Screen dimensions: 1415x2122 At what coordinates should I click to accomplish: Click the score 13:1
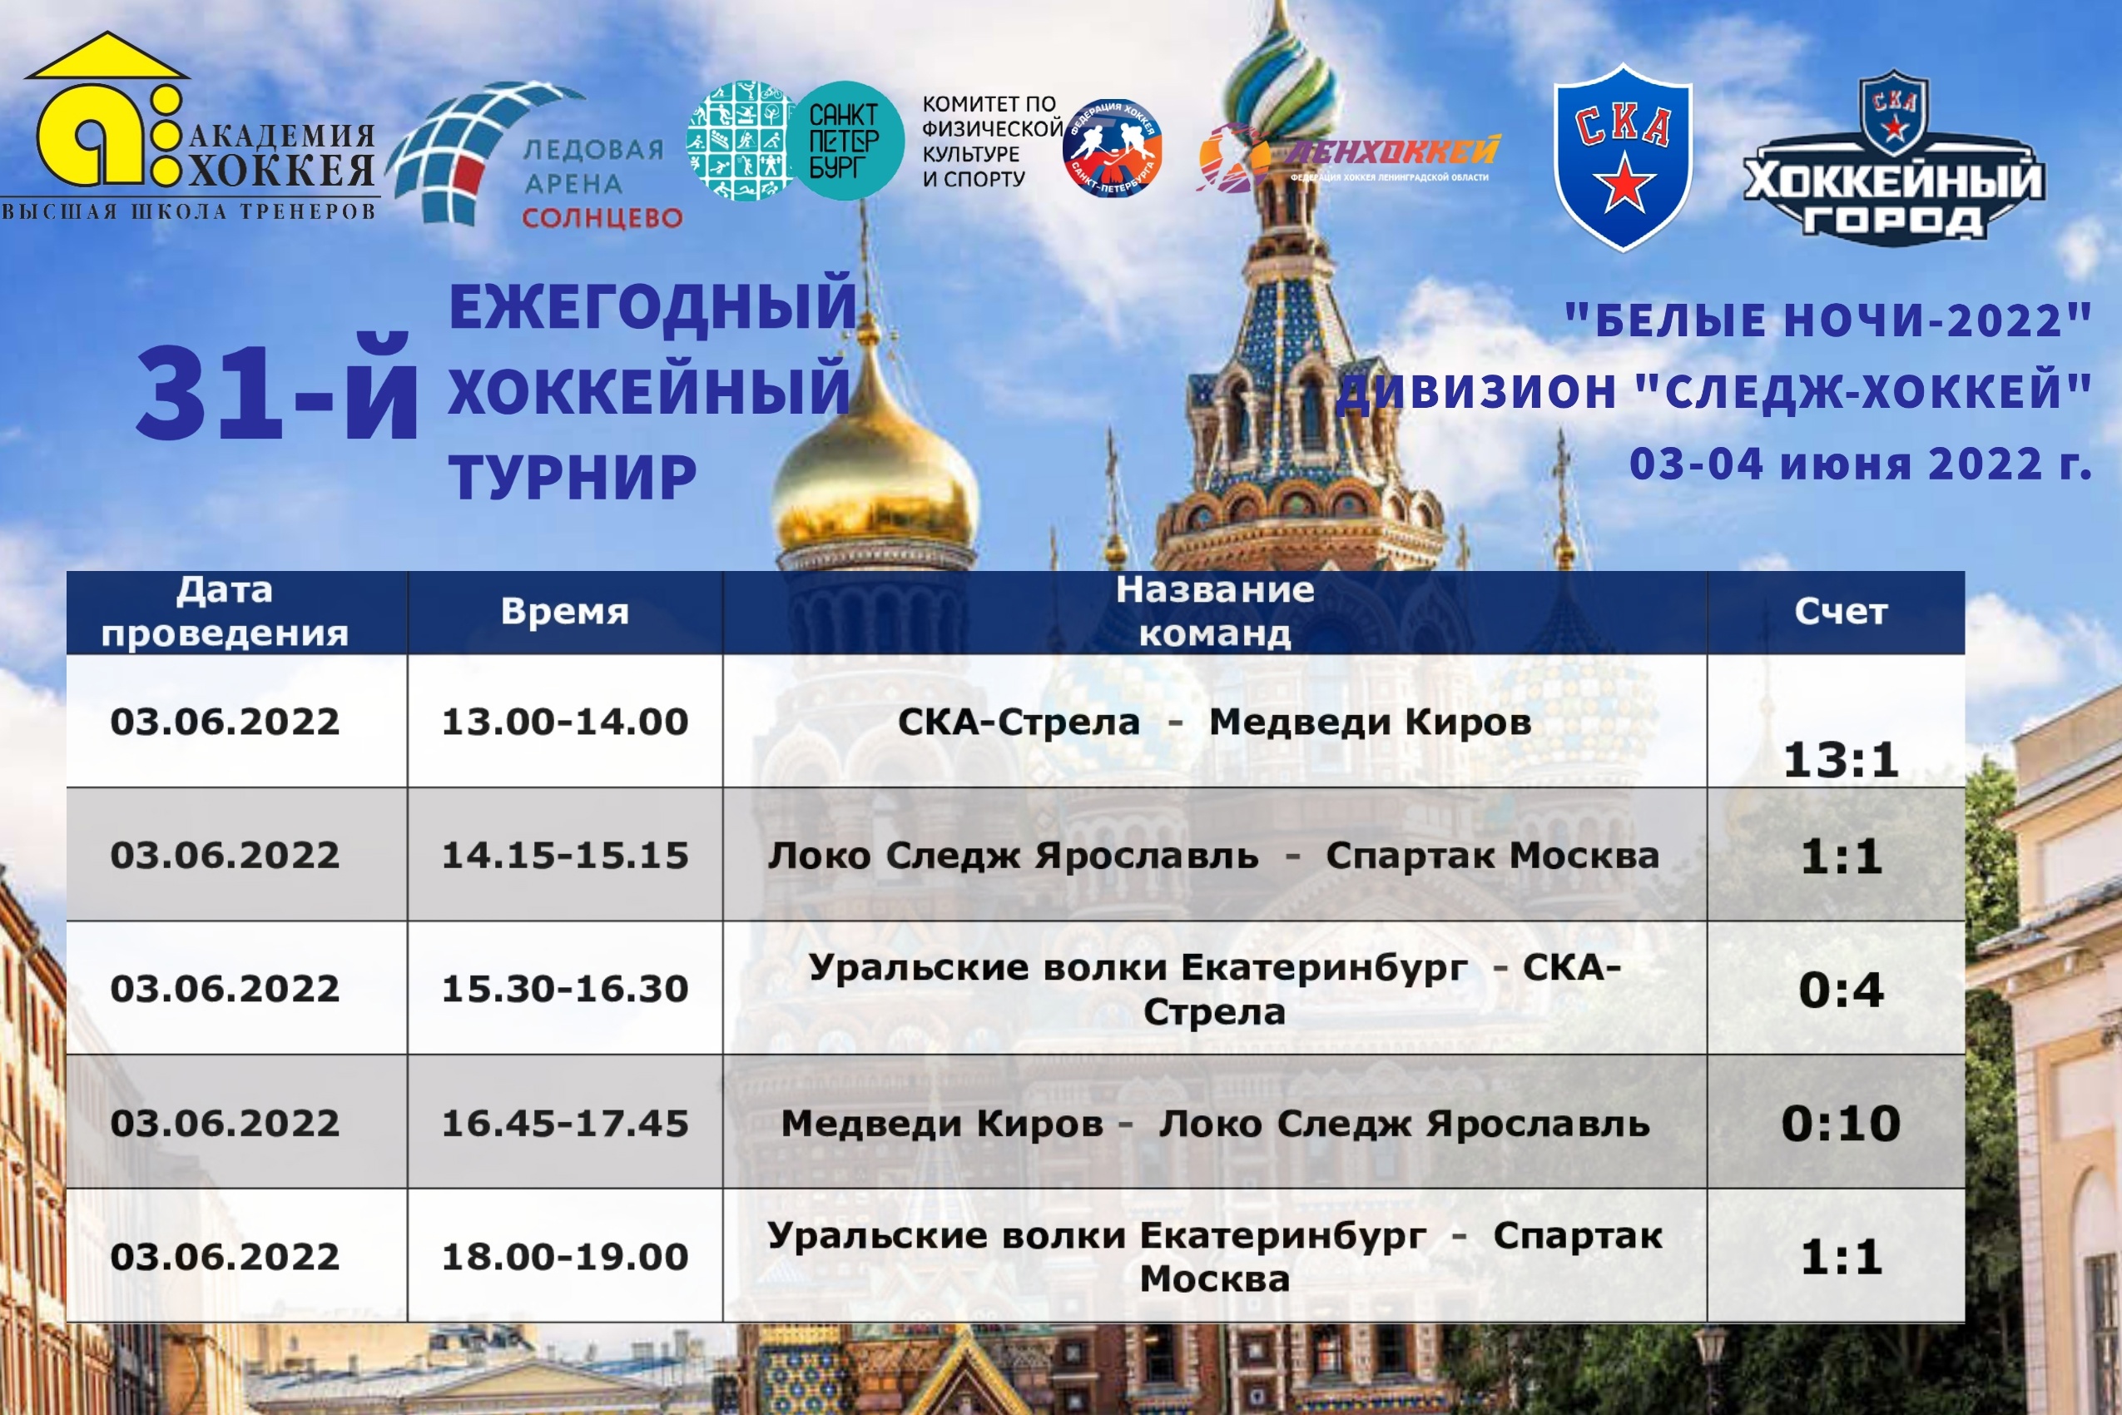click(x=1841, y=759)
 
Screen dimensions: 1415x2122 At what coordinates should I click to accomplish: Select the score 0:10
click(x=1841, y=1124)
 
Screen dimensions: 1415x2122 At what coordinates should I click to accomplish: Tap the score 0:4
click(x=1841, y=990)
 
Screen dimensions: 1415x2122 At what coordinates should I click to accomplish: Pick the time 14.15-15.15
click(x=565, y=856)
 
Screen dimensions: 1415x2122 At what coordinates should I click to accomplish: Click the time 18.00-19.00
click(x=565, y=1257)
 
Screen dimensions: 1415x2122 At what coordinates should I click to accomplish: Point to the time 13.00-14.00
click(x=565, y=722)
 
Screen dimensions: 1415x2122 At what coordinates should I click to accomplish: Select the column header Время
click(x=565, y=612)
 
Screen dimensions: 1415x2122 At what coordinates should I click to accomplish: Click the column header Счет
click(x=1841, y=612)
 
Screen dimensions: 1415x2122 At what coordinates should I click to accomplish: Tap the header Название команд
click(x=1214, y=612)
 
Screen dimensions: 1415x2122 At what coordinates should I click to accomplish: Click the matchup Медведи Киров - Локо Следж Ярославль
click(x=1214, y=1124)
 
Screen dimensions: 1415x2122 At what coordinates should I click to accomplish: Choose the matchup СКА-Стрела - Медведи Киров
click(x=1214, y=722)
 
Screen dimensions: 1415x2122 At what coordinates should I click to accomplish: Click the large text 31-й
click(x=277, y=393)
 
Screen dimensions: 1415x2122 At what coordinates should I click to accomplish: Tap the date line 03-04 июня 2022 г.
click(x=1861, y=464)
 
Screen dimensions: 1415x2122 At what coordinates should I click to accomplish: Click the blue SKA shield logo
click(x=1623, y=156)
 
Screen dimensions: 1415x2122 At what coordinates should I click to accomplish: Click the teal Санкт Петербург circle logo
click(x=845, y=141)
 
